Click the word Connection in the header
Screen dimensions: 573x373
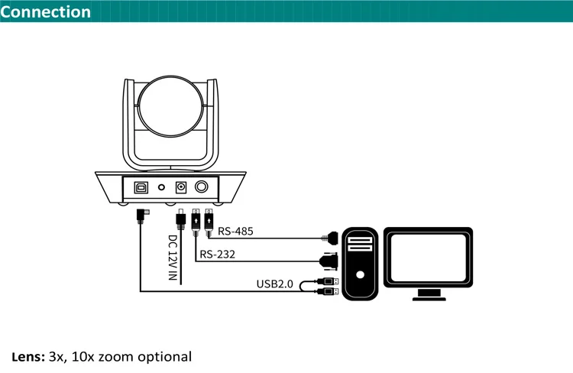click(46, 11)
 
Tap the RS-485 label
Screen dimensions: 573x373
click(235, 231)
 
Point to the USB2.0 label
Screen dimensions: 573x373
click(274, 284)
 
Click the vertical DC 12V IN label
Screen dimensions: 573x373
click(173, 259)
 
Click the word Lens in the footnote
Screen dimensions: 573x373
click(28, 356)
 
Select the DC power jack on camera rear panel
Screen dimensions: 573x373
click(183, 186)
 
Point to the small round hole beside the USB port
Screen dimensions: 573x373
click(161, 186)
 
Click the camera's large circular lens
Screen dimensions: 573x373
click(172, 107)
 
